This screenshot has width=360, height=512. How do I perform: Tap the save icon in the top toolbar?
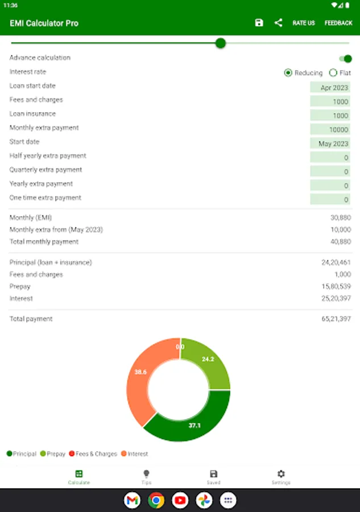(x=259, y=23)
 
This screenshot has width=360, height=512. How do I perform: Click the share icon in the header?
(x=278, y=23)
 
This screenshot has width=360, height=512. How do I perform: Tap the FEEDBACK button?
(x=338, y=23)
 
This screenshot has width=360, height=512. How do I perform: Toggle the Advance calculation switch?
(x=345, y=58)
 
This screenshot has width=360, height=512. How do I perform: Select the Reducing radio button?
(x=288, y=73)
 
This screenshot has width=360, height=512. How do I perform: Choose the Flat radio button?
(x=333, y=73)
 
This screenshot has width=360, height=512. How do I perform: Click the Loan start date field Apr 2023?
(x=330, y=88)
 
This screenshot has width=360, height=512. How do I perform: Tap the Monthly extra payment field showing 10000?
(x=330, y=130)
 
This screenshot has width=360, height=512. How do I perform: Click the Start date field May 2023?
(x=330, y=144)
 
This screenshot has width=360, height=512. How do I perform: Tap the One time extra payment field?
(x=330, y=200)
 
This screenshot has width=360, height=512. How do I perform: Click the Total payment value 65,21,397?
(x=336, y=319)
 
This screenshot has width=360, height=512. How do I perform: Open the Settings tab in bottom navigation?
(x=281, y=477)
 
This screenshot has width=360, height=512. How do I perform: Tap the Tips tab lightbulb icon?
(x=146, y=474)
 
